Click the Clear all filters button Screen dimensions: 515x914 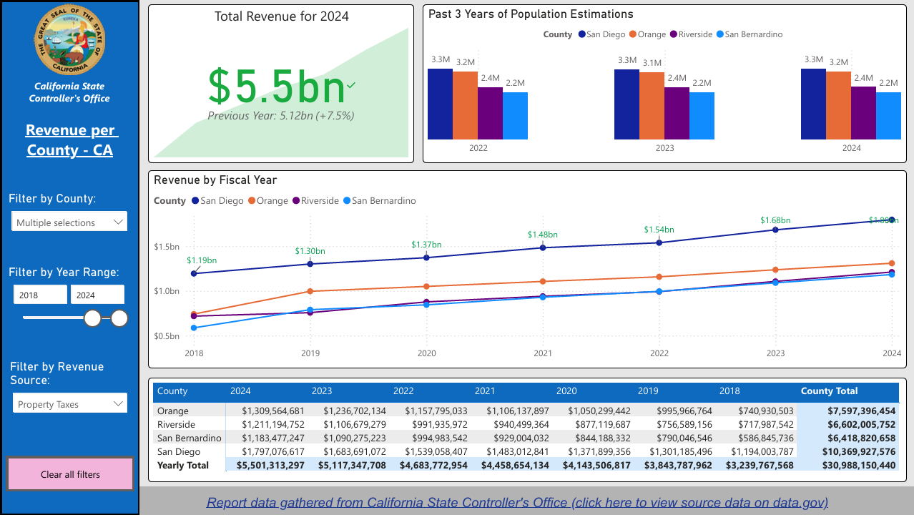(x=70, y=474)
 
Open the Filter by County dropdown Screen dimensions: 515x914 (x=69, y=222)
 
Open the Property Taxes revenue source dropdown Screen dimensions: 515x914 (x=69, y=404)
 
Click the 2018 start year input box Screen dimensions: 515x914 (x=40, y=295)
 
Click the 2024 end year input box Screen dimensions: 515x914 (x=97, y=295)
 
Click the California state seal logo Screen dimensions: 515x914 (x=69, y=39)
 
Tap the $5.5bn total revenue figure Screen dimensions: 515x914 (x=277, y=87)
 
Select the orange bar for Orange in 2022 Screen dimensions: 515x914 (x=465, y=105)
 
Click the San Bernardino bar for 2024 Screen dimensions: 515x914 (x=888, y=115)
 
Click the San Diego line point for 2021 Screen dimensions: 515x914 (x=543, y=247)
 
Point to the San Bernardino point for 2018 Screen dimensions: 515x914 (x=194, y=328)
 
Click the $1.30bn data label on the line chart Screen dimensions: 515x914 (x=310, y=251)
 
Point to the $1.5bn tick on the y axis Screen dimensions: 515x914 (x=166, y=247)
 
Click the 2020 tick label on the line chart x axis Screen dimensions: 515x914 (x=426, y=353)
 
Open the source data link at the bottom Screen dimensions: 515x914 (x=517, y=503)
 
